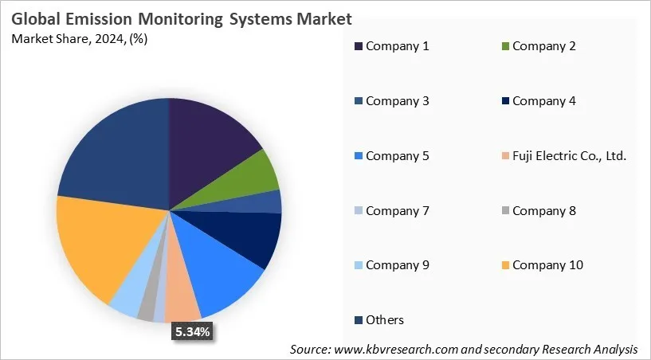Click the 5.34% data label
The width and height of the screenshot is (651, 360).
[192, 332]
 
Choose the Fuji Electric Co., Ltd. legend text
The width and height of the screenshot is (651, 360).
[569, 156]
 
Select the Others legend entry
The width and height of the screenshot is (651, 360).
[385, 320]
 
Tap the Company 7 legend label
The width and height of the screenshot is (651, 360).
[397, 211]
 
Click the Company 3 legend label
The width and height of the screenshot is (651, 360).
[397, 101]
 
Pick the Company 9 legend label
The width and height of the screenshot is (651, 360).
[397, 264]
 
